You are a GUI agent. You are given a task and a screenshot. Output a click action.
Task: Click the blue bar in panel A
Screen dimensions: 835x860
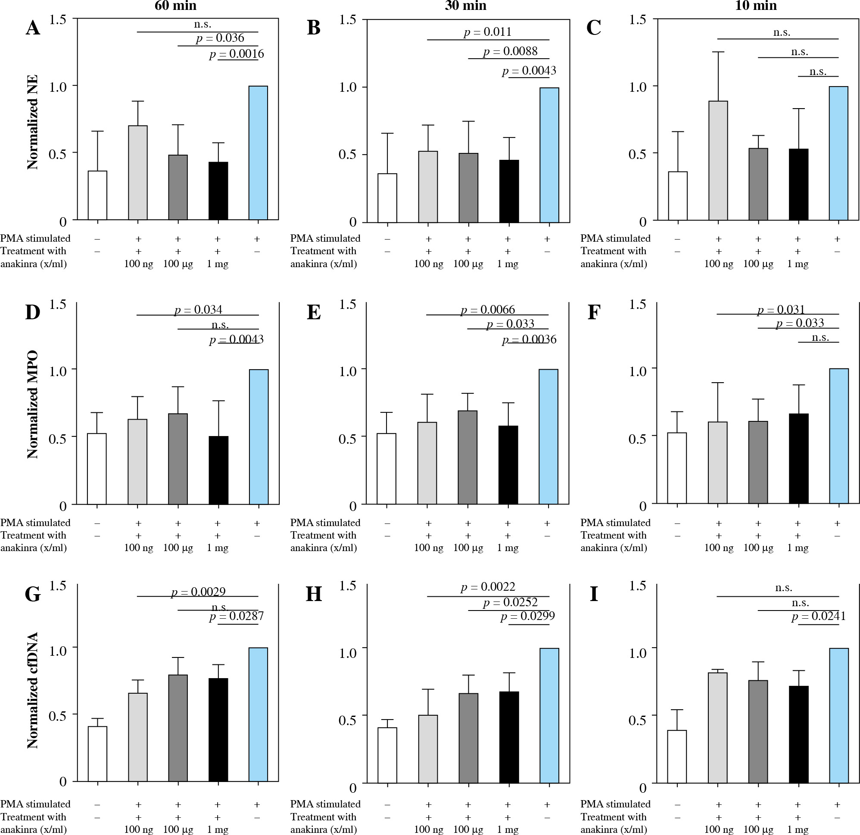258,153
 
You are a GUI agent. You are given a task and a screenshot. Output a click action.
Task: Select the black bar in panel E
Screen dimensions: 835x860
508,464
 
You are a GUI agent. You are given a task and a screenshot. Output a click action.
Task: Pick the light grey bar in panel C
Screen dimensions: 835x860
718,160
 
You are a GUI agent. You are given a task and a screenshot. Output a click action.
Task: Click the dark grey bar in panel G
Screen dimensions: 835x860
178,728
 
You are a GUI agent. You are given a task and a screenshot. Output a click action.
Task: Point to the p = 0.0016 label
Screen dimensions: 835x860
237,54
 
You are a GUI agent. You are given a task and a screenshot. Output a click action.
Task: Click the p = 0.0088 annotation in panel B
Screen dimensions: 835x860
510,51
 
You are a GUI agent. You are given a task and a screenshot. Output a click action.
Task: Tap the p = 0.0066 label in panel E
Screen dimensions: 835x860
487,310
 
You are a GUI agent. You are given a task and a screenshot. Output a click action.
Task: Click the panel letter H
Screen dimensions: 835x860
314,594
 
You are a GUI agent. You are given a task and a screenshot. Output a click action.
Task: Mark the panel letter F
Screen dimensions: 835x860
594,312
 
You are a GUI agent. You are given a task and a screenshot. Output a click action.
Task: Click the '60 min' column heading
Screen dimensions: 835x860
175,6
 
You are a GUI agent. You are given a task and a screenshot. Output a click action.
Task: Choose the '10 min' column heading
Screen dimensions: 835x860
756,6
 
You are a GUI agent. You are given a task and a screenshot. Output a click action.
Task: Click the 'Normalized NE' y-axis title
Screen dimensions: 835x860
33,122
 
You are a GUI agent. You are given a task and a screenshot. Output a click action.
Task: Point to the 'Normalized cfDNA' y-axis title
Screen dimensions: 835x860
33,690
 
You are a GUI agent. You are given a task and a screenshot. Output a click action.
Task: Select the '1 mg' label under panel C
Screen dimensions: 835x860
798,264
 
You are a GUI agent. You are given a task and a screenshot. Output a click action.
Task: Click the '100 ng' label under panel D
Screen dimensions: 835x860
139,548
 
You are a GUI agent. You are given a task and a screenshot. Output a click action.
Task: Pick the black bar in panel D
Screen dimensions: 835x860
218,470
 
